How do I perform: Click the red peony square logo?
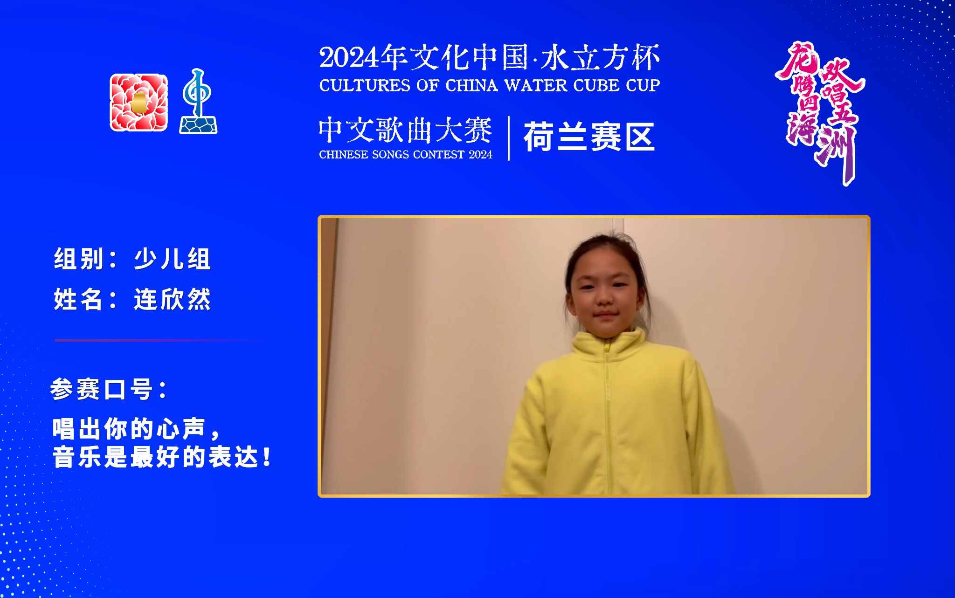(x=138, y=103)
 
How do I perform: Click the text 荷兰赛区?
(x=589, y=137)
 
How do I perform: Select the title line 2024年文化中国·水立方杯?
(x=489, y=58)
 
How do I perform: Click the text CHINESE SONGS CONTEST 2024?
(x=405, y=155)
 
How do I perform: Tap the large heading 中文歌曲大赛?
(x=405, y=131)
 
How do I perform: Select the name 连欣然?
(x=172, y=299)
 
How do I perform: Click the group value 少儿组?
(x=172, y=259)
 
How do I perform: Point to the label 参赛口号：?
(x=109, y=389)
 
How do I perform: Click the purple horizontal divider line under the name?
(x=154, y=340)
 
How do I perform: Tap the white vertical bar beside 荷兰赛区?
(x=509, y=138)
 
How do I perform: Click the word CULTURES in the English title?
(x=364, y=86)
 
